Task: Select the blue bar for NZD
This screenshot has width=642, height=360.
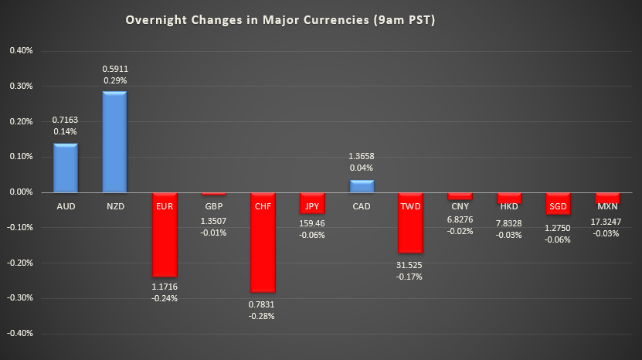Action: (114, 141)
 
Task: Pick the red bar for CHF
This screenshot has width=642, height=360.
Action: (263, 242)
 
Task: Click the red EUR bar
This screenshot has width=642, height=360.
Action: (164, 234)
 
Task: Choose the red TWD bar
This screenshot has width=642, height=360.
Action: (411, 222)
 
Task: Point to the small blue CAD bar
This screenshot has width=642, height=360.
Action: (362, 186)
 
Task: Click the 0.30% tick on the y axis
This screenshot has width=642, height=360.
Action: (21, 87)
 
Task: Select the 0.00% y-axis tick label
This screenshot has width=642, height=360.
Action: (21, 192)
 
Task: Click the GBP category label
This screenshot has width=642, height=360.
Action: (213, 208)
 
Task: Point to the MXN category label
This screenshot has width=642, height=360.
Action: (608, 208)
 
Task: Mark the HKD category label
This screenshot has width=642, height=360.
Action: (509, 208)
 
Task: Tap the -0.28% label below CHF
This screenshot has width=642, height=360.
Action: (263, 316)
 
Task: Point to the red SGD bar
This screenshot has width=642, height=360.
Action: (559, 203)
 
